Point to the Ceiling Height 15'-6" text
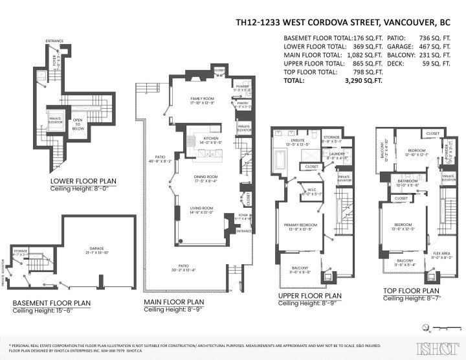point(41,311)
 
